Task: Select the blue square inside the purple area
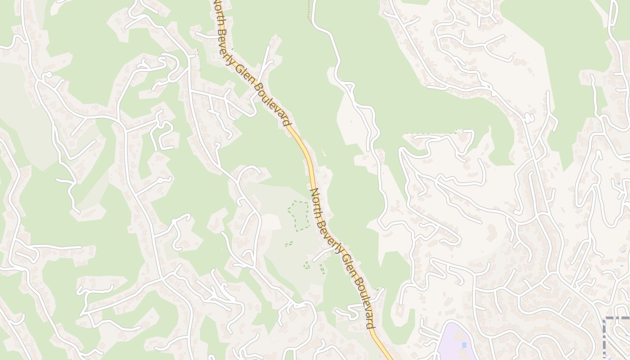pos(464,345)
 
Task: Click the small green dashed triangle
pos(307,265)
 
